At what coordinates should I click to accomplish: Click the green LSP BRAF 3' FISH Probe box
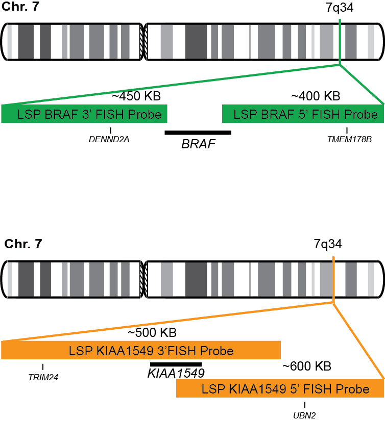(x=84, y=114)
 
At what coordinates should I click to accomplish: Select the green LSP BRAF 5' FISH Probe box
(x=303, y=114)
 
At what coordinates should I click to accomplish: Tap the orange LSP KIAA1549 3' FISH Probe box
(x=141, y=351)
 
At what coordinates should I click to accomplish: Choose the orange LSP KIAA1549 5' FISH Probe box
(x=280, y=389)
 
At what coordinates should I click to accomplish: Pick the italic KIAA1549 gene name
(x=176, y=373)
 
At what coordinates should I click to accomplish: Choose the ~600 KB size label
(x=307, y=366)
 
